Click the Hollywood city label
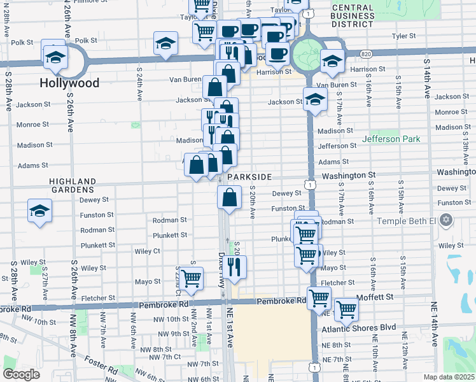tap(69, 83)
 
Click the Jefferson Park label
tap(391, 139)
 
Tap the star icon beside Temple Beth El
tap(446, 220)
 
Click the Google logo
tap(21, 374)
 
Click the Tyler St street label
tap(403, 36)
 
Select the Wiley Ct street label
tap(148, 251)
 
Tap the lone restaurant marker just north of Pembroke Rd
tap(236, 267)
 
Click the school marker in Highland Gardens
tap(39, 211)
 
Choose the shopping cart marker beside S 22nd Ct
tap(190, 278)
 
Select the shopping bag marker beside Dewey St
tap(230, 197)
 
